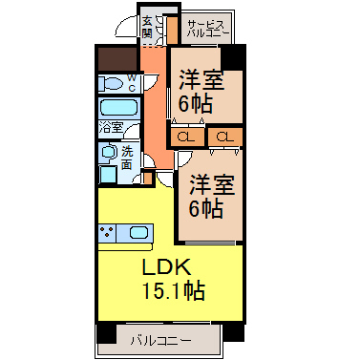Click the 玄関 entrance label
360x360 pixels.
point(147,27)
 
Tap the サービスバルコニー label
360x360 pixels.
point(208,29)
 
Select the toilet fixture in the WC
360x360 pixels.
point(111,84)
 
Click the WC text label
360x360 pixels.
point(132,83)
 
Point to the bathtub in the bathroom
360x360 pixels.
point(119,108)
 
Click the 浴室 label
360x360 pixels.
point(111,128)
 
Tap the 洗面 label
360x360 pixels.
point(127,158)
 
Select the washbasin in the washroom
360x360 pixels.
point(109,152)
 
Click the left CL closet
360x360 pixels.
point(186,138)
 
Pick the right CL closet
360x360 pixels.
point(225,138)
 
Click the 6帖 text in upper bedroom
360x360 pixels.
point(195,103)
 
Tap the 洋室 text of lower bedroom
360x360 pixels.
point(212,184)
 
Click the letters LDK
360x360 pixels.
point(166,266)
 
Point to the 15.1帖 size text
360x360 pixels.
point(174,290)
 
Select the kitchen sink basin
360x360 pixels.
point(138,233)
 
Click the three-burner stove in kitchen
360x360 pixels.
point(107,233)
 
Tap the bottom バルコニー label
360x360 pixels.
point(161,341)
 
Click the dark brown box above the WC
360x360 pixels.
point(117,59)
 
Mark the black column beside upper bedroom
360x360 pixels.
point(233,57)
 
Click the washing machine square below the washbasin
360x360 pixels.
point(108,175)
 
